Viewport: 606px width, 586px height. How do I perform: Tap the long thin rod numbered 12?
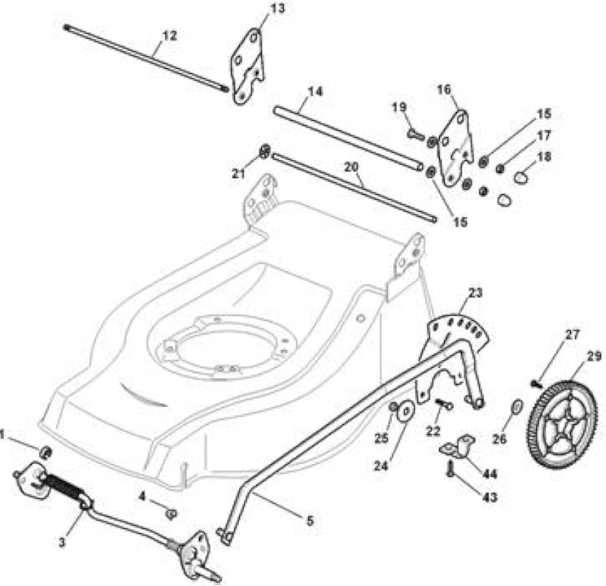point(146,58)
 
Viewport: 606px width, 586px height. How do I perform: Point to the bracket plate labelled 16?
point(455,149)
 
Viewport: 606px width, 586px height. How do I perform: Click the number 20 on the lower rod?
point(351,167)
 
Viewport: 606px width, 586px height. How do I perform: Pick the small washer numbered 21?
point(264,151)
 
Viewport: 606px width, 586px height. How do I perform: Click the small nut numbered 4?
point(171,513)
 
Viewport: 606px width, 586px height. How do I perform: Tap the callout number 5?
point(310,521)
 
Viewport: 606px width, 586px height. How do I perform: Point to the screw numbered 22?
point(444,404)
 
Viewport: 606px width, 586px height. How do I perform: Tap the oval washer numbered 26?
point(517,407)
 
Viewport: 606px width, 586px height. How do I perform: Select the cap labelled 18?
point(521,177)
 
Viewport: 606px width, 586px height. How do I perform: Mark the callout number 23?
point(476,293)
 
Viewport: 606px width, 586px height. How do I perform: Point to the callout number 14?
point(315,92)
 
